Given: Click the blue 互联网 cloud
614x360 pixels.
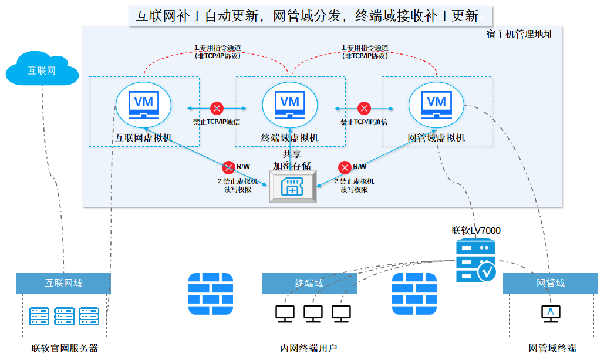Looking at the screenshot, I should pyautogui.click(x=42, y=70).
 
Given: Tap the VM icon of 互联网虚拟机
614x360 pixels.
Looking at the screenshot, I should pyautogui.click(x=144, y=105).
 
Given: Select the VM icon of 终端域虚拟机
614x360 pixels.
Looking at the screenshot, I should pyautogui.click(x=290, y=105).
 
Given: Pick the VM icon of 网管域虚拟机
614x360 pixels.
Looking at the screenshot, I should pyautogui.click(x=436, y=105).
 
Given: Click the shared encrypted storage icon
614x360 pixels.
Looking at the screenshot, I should pyautogui.click(x=292, y=187).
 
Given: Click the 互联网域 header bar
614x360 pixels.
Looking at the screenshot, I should pyautogui.click(x=63, y=283).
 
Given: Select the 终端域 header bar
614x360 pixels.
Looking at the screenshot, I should pyautogui.click(x=309, y=283).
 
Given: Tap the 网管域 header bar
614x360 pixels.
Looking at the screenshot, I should pyautogui.click(x=551, y=283).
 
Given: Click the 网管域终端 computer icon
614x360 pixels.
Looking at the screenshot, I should pyautogui.click(x=551, y=314).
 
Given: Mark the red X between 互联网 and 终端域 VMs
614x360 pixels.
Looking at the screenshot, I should pyautogui.click(x=217, y=109).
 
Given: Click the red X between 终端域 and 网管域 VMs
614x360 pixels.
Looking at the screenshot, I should pyautogui.click(x=365, y=109).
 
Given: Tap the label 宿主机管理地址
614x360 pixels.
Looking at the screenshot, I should pyautogui.click(x=519, y=35).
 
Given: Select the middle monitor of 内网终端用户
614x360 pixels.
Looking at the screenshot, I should pyautogui.click(x=313, y=314).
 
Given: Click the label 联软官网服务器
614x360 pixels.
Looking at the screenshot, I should pyautogui.click(x=65, y=348).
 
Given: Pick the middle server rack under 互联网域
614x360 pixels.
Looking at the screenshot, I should pyautogui.click(x=63, y=316).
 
